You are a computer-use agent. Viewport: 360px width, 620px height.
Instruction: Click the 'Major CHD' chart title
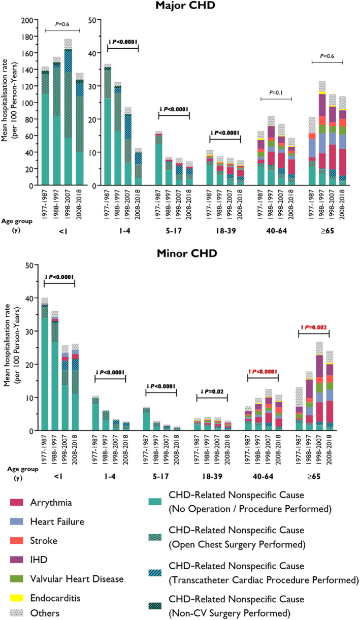pos(179,7)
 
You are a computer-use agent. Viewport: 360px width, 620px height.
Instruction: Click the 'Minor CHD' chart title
pos(179,252)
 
